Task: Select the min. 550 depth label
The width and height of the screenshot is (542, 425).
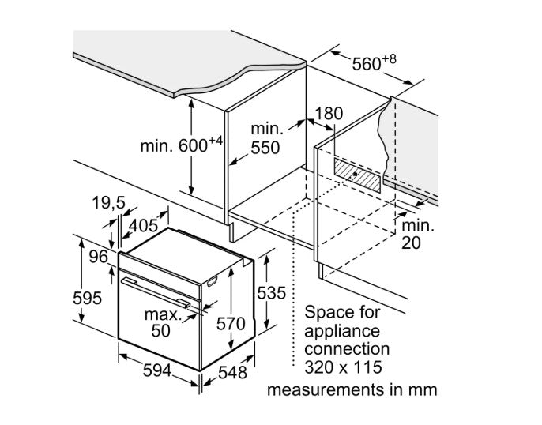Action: (x=267, y=137)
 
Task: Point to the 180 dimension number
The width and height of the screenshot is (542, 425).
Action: (x=328, y=114)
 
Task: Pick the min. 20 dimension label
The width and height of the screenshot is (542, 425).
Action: (x=422, y=234)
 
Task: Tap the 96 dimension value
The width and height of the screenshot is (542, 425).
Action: (x=97, y=256)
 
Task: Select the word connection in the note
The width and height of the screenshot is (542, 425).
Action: (x=346, y=348)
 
